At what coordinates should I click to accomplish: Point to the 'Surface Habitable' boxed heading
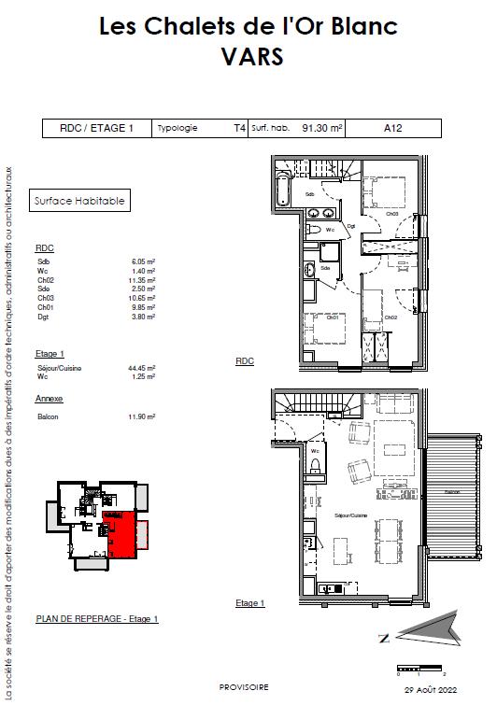pyautogui.click(x=78, y=200)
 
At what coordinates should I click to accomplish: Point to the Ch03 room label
pyautogui.click(x=393, y=214)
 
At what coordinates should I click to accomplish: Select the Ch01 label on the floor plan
pyautogui.click(x=332, y=317)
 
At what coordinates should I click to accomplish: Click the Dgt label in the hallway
pyautogui.click(x=351, y=225)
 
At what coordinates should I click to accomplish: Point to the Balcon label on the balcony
pyautogui.click(x=453, y=491)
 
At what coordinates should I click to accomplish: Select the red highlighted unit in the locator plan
pyautogui.click(x=122, y=532)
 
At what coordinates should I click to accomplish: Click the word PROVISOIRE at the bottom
pyautogui.click(x=243, y=686)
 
